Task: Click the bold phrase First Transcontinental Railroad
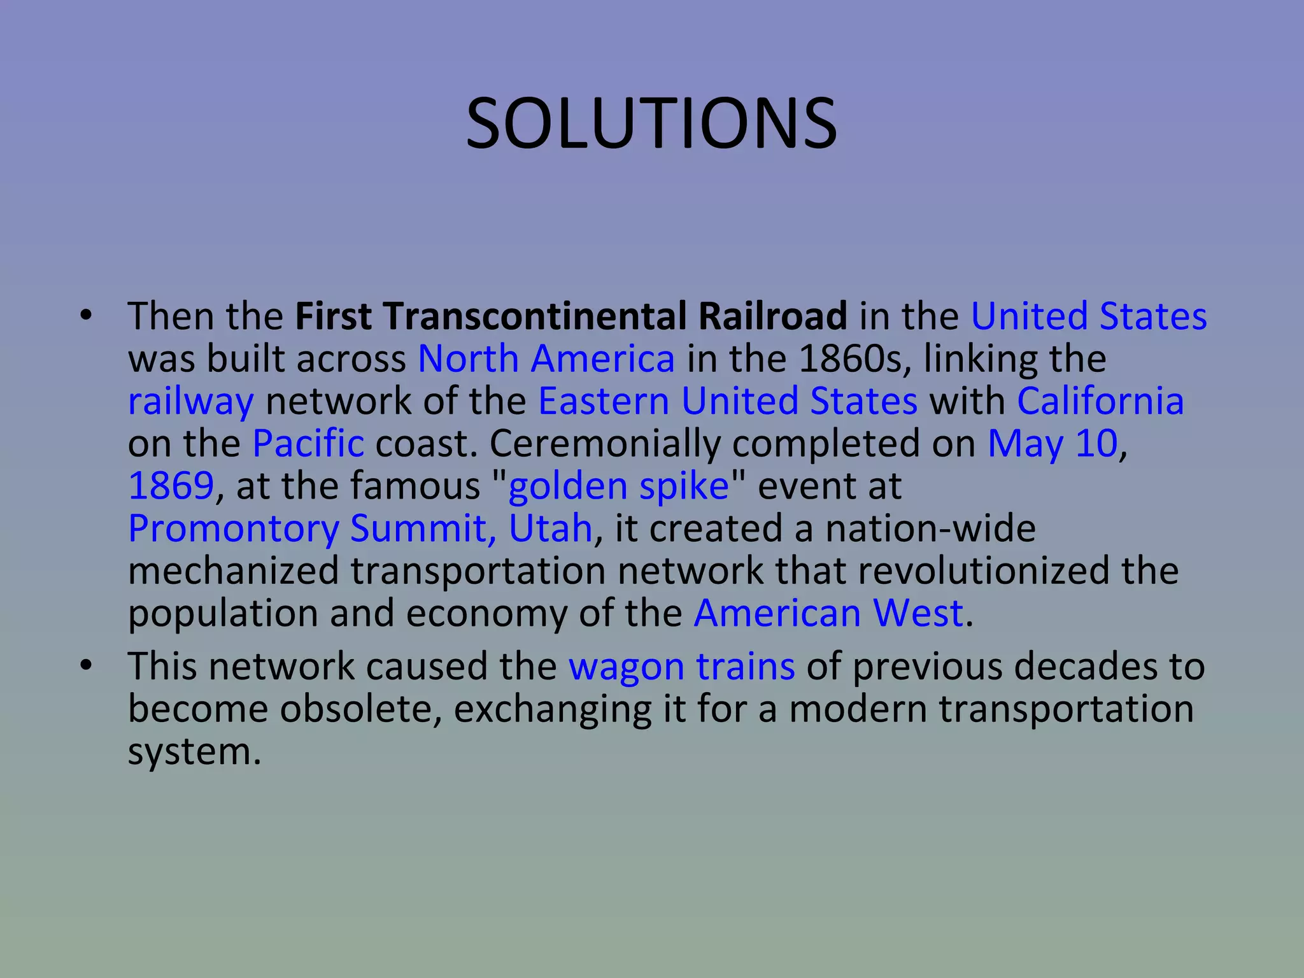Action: [570, 316]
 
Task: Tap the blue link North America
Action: [546, 358]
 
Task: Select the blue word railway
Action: [191, 402]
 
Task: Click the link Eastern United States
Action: [728, 401]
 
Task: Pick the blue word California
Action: [1100, 401]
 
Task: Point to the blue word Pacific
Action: [309, 443]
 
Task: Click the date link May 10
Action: [1052, 443]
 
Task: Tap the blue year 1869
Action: [171, 486]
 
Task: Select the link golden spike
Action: [618, 486]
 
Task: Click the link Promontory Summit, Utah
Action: [360, 528]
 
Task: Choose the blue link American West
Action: [828, 613]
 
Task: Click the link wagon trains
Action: [681, 667]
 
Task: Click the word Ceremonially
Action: [604, 444]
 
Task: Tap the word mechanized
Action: [233, 570]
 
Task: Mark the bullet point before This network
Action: [87, 666]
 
